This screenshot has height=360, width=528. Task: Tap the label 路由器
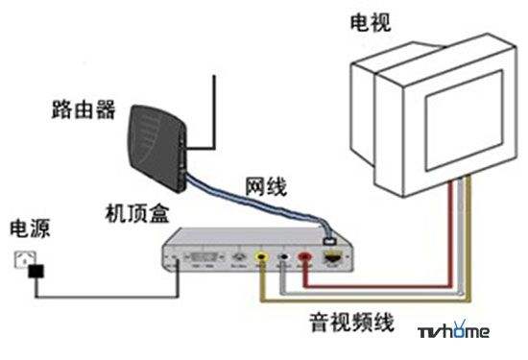(84, 110)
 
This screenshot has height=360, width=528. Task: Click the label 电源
(30, 229)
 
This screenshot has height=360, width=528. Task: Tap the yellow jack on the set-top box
(262, 257)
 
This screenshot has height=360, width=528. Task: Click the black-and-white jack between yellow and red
(283, 257)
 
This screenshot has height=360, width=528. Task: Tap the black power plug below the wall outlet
(36, 273)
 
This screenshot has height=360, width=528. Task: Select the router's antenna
(214, 106)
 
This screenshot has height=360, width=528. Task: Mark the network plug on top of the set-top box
(329, 231)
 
